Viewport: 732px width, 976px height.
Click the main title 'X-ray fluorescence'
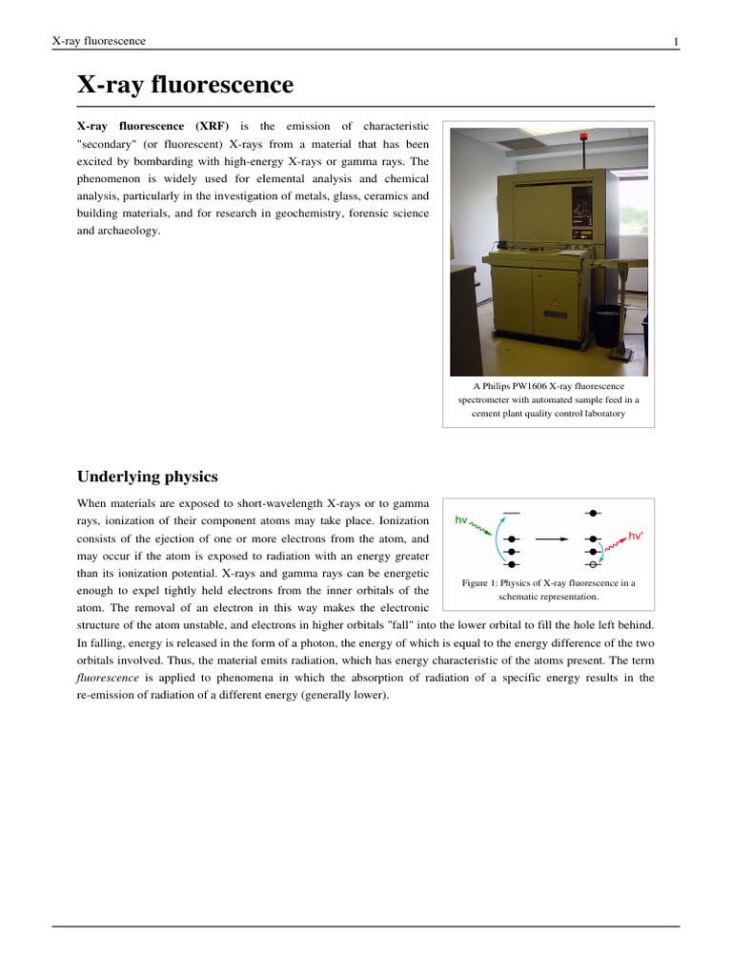185,85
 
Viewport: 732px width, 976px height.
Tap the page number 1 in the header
675,41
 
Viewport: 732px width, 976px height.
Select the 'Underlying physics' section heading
147,477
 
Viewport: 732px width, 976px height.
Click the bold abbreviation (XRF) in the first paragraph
212,127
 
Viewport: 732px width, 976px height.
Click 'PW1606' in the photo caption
532,386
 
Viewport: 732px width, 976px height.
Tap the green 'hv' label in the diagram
461,520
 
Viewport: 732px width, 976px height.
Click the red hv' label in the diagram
636,537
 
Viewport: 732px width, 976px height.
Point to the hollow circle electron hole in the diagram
593,565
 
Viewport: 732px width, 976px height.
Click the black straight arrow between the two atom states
552,539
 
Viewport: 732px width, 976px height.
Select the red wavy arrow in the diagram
615,545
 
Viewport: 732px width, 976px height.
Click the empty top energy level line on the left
512,514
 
